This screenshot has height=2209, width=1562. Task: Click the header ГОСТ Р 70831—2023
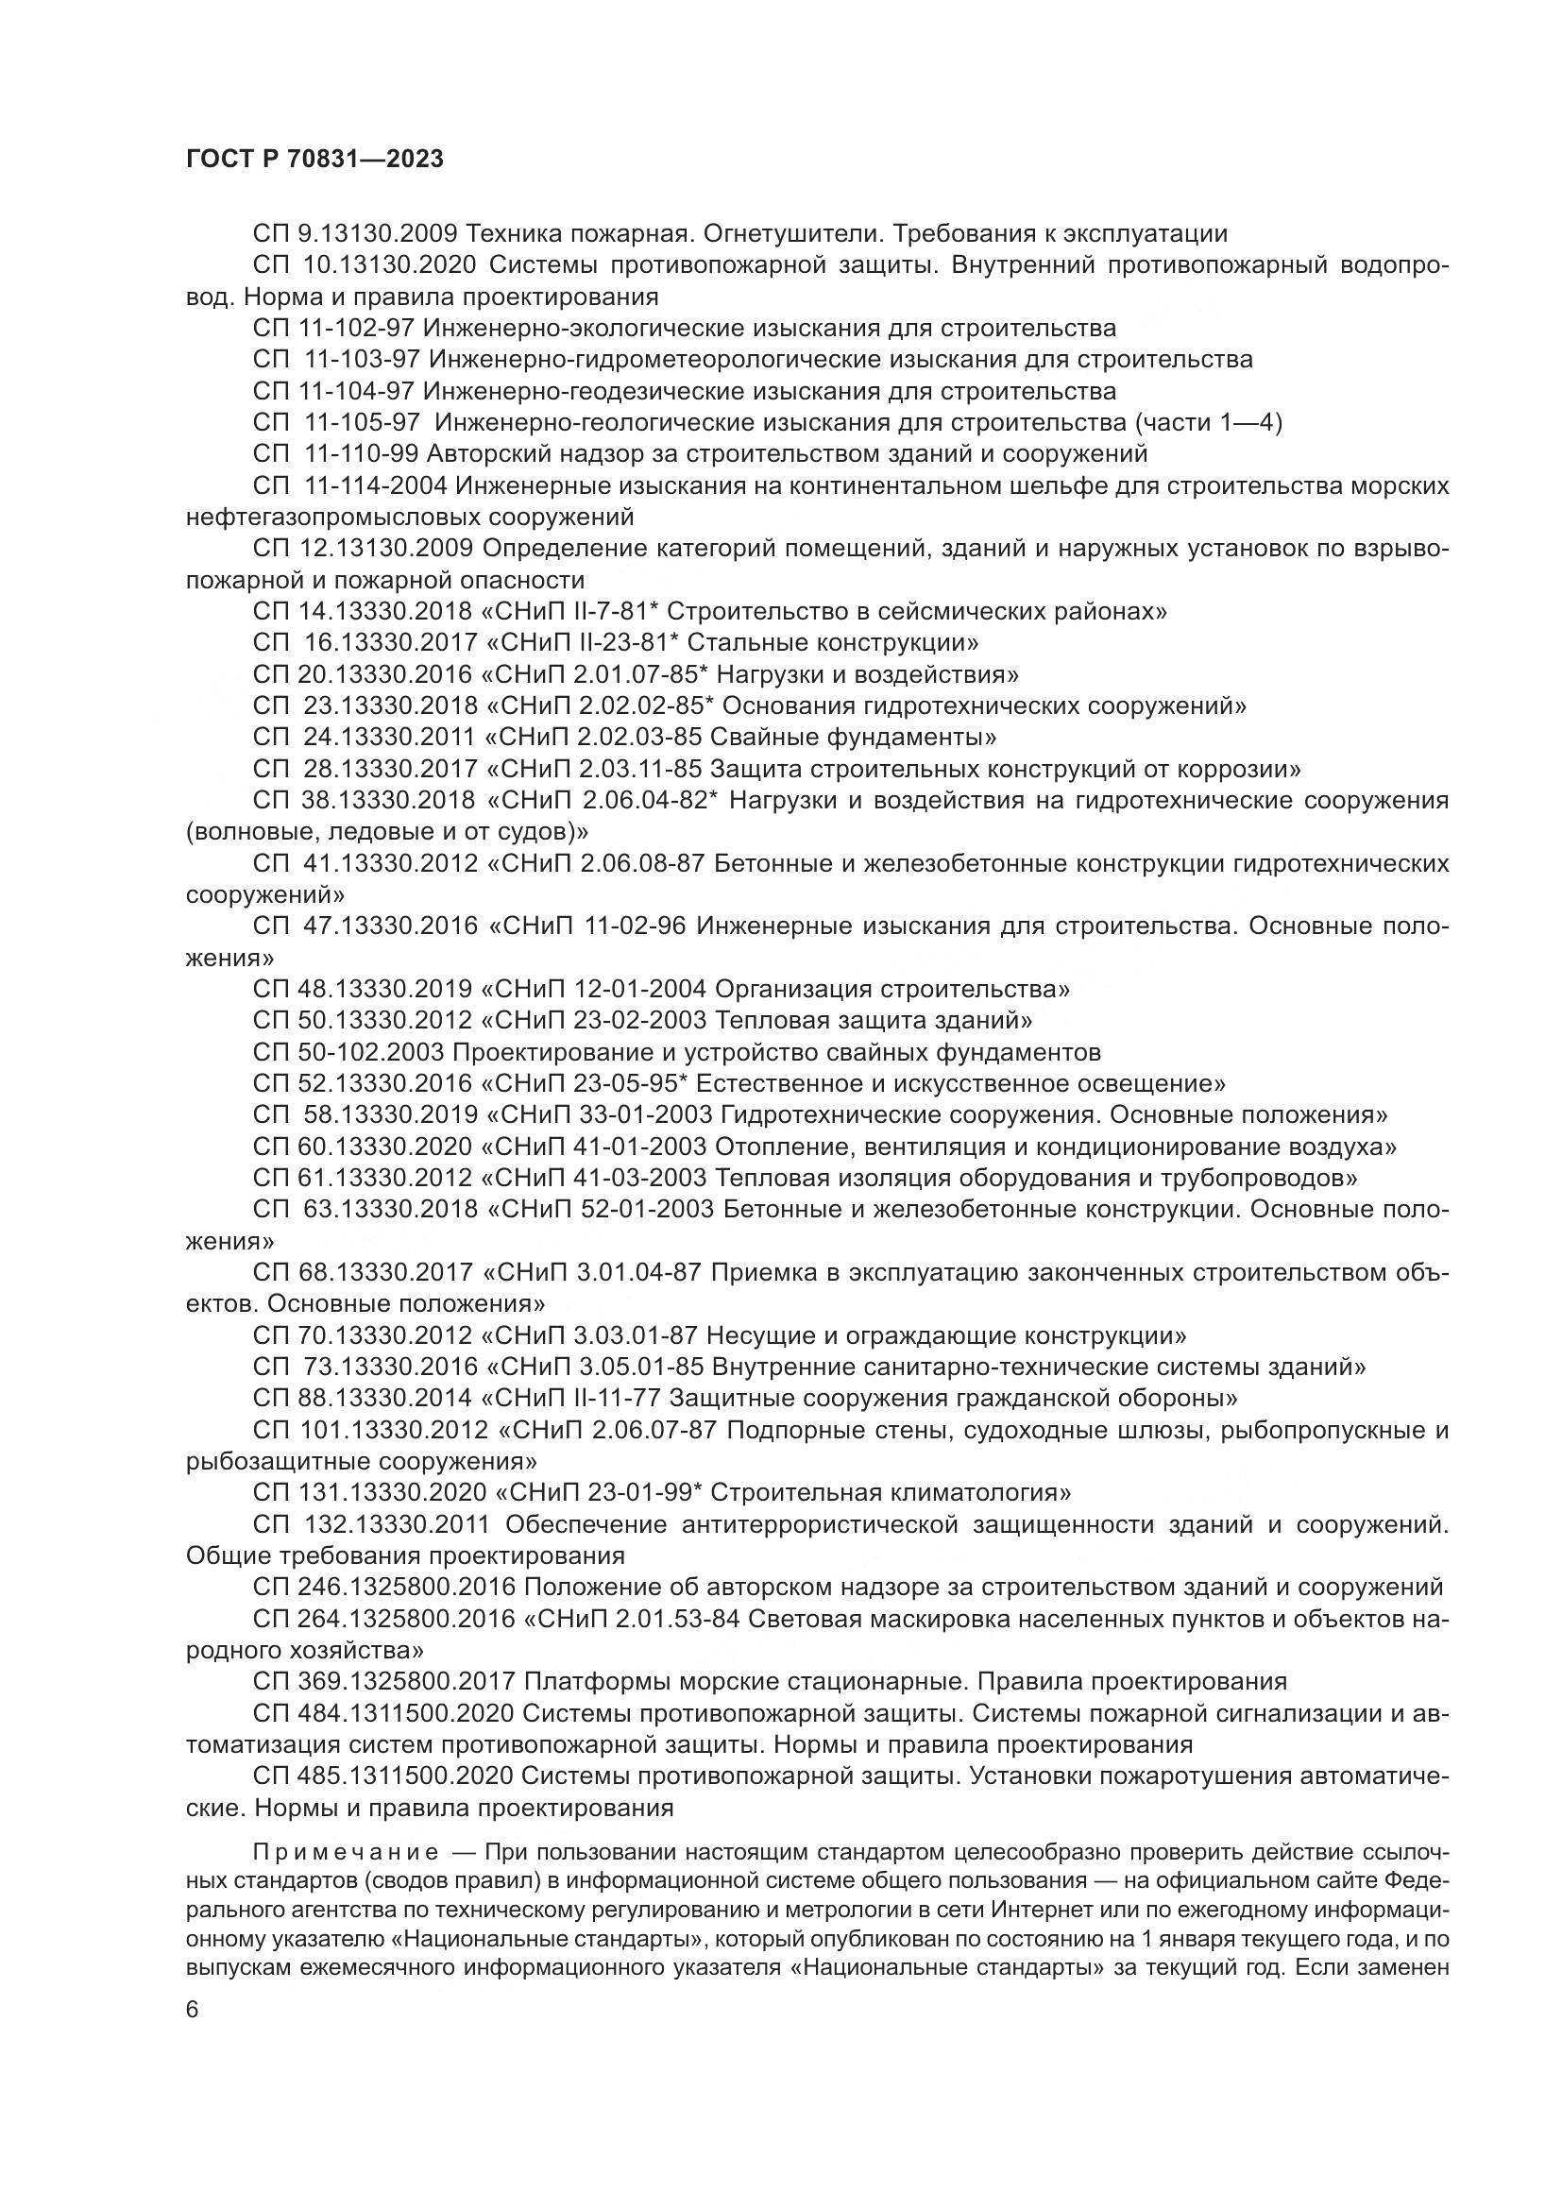pos(314,160)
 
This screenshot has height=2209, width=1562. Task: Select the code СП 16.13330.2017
pos(365,643)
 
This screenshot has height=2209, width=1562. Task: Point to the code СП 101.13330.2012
pos(371,1431)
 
